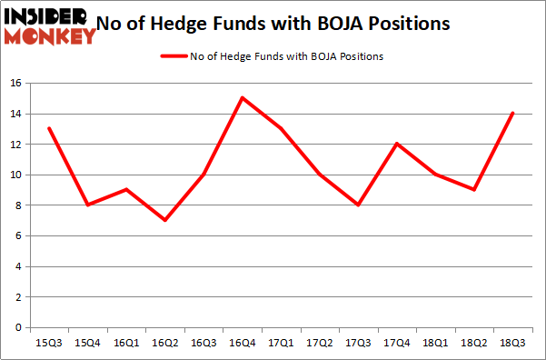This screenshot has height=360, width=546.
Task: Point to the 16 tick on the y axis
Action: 15,83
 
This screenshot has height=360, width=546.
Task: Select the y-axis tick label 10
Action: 15,175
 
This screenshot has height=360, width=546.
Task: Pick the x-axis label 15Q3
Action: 49,343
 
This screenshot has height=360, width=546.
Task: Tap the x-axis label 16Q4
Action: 242,343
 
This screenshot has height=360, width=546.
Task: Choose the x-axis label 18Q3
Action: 512,343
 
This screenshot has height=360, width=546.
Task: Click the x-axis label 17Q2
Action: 319,343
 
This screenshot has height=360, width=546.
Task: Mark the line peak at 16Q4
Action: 242,97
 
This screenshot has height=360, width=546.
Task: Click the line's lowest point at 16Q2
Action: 164,220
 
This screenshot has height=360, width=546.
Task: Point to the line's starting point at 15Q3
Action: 49,128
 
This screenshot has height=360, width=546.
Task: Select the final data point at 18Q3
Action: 512,113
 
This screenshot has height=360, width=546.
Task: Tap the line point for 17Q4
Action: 396,144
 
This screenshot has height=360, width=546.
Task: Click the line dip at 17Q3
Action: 358,205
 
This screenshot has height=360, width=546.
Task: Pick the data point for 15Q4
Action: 87,205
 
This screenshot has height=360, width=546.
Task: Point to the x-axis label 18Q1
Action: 435,343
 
